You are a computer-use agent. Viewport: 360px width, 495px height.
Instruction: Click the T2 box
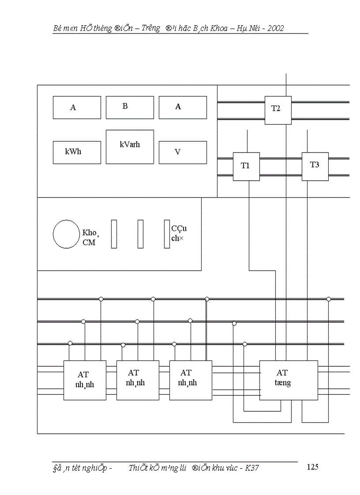[278, 110]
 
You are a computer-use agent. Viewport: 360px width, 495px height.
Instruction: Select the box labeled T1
[246, 166]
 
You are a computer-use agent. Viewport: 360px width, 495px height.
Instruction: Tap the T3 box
[315, 166]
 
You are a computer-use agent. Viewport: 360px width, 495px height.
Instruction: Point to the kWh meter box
[77, 152]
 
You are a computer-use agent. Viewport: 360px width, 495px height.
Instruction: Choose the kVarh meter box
[130, 147]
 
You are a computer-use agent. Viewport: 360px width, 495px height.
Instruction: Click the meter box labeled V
[183, 152]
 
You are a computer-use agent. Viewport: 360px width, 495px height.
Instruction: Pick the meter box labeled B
[130, 107]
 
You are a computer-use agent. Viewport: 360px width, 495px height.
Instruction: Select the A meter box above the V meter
[183, 107]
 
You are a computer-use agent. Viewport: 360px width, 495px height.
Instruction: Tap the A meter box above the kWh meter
[77, 107]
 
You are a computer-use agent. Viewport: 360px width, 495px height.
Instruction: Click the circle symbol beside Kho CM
[66, 234]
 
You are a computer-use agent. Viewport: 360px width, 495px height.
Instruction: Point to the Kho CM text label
[89, 238]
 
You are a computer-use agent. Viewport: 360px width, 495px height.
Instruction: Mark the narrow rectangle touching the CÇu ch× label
[167, 234]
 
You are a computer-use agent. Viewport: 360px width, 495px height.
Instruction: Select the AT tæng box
[289, 380]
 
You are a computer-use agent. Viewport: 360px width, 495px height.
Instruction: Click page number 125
[312, 467]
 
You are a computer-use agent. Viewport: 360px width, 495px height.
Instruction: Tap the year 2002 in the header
[276, 29]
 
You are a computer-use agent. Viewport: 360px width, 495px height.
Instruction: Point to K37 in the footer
[252, 468]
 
